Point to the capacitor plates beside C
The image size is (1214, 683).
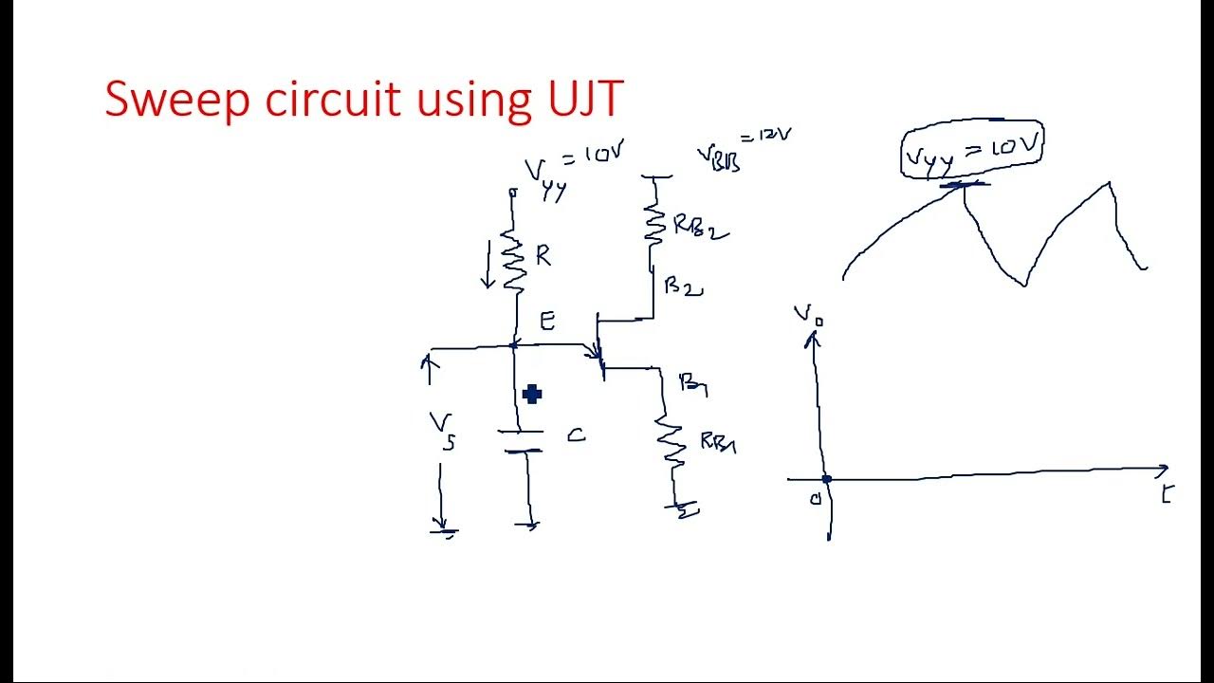(x=521, y=441)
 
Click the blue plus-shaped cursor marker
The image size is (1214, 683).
(x=532, y=395)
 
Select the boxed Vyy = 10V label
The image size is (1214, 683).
(x=972, y=150)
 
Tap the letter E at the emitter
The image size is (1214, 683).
(x=547, y=321)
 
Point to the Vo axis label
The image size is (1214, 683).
(x=808, y=315)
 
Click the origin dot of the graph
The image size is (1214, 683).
(x=826, y=480)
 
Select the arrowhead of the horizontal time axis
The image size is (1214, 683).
(x=1162, y=469)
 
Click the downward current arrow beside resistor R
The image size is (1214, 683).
(x=489, y=266)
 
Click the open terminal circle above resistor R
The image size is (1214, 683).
(x=513, y=193)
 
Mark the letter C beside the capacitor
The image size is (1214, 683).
(x=576, y=435)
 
